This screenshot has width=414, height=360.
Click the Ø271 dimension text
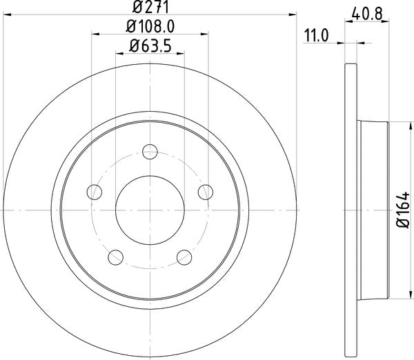(x=150, y=8)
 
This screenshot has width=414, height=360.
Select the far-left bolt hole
(x=95, y=192)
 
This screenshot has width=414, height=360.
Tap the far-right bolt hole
(x=205, y=192)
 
